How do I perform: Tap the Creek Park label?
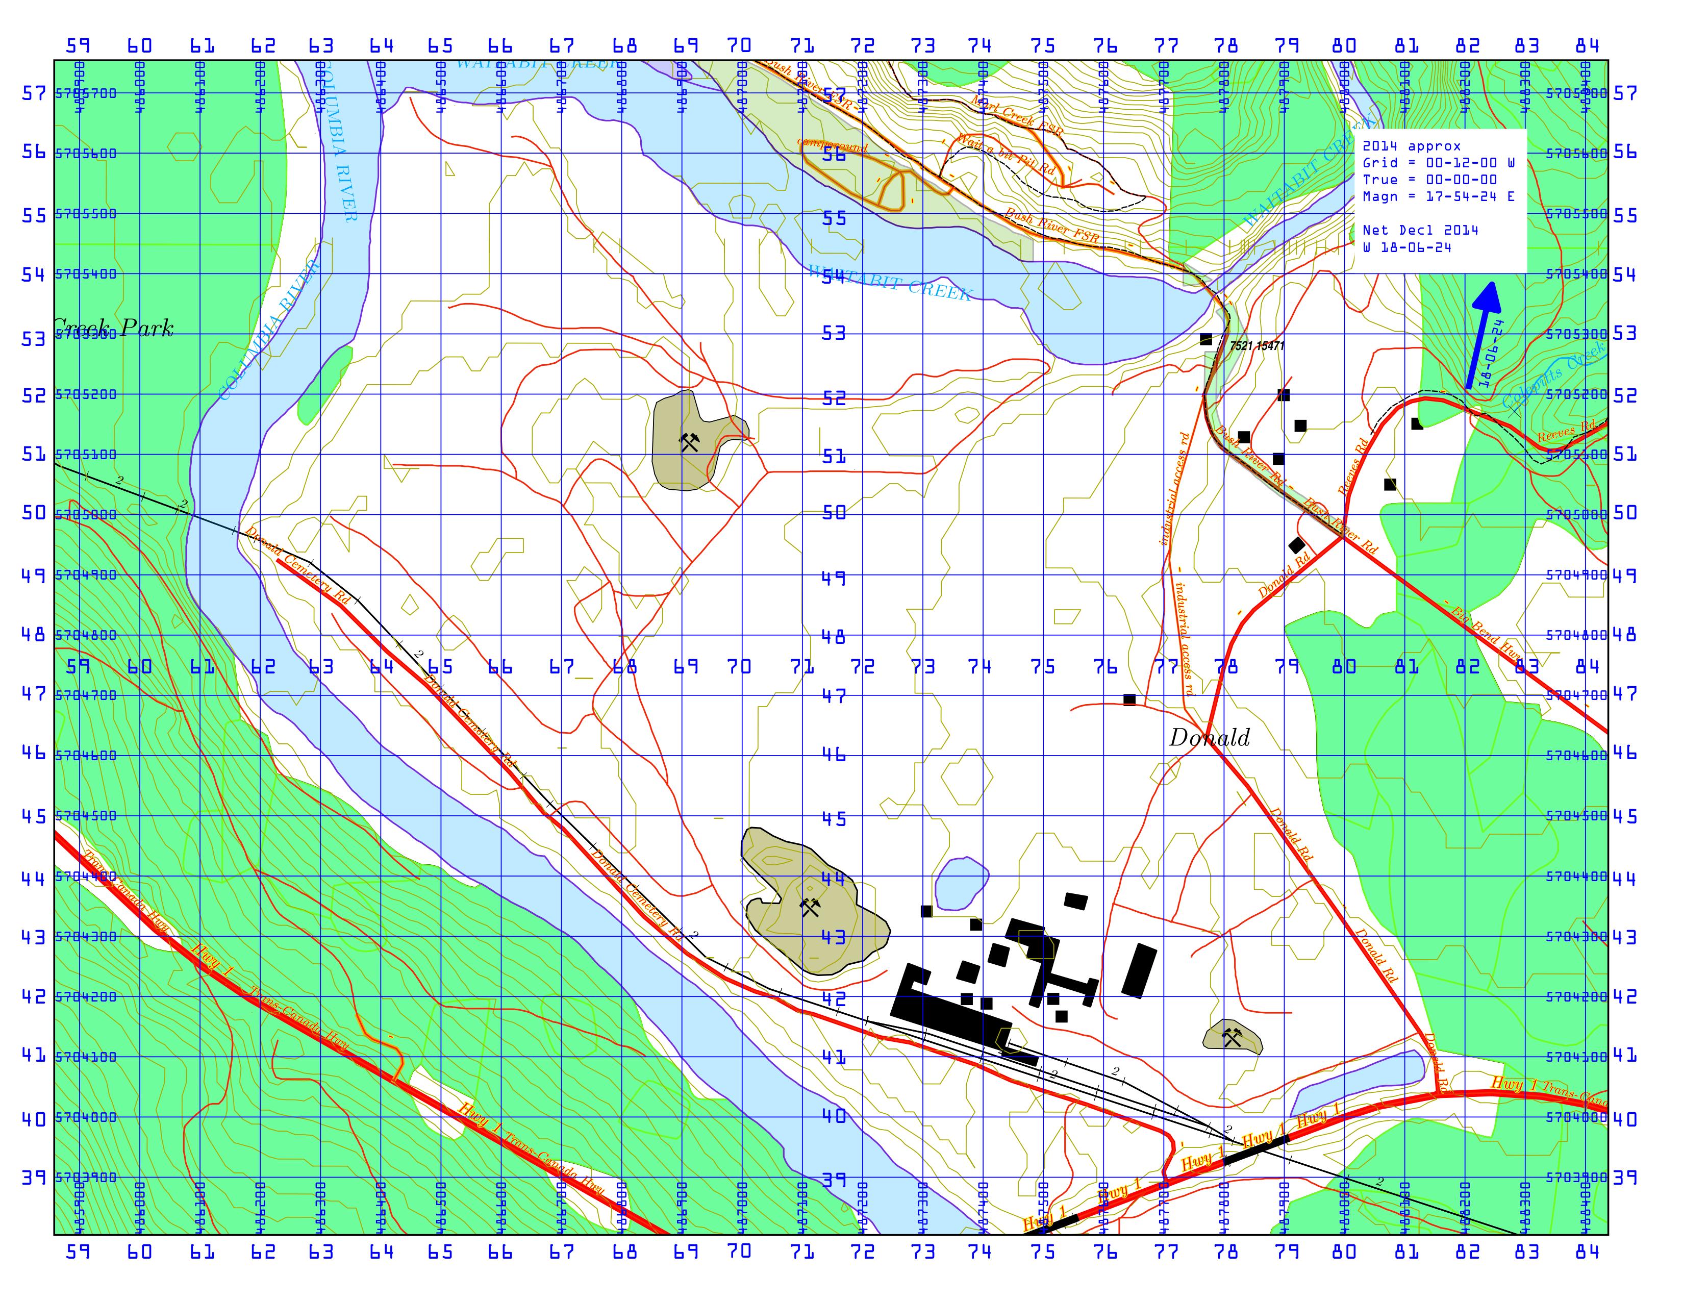tap(114, 329)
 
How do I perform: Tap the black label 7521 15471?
tap(1257, 345)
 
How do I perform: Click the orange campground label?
tap(832, 145)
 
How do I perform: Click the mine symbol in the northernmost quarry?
tap(689, 442)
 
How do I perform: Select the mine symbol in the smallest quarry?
tap(1232, 1037)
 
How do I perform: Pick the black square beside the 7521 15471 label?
tap(1206, 339)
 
